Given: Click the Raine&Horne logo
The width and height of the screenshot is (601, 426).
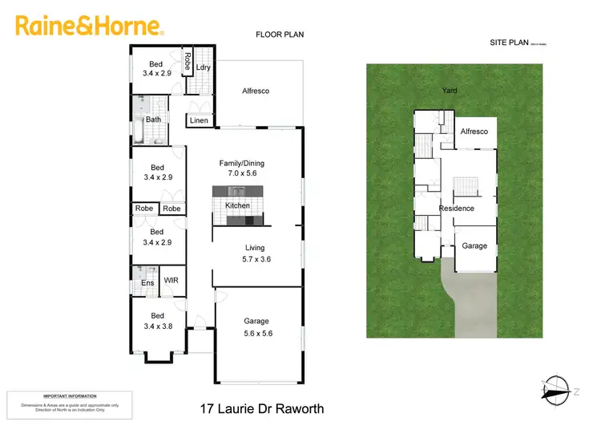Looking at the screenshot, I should (x=90, y=26).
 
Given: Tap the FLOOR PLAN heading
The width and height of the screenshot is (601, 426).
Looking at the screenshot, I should (x=280, y=34).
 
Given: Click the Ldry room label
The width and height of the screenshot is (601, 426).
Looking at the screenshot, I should (x=203, y=67).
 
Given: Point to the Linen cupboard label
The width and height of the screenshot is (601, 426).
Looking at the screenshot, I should (x=200, y=121).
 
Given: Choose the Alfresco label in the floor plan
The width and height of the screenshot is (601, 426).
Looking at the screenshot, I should (x=256, y=91).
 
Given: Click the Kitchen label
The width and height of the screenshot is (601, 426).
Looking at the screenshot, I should (x=238, y=206).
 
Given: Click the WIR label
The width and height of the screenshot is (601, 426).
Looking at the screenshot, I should (x=171, y=281).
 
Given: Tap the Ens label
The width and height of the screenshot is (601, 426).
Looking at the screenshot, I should (x=147, y=283).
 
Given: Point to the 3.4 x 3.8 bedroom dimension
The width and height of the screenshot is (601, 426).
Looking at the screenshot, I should (x=158, y=327).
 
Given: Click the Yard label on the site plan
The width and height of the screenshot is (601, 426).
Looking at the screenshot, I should (x=450, y=91).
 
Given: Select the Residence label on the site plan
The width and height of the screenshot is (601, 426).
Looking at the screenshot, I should (x=456, y=209).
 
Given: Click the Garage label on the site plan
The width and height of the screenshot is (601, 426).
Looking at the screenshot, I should (x=474, y=246).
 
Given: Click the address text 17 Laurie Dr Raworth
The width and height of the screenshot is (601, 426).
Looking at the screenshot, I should (x=261, y=408).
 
